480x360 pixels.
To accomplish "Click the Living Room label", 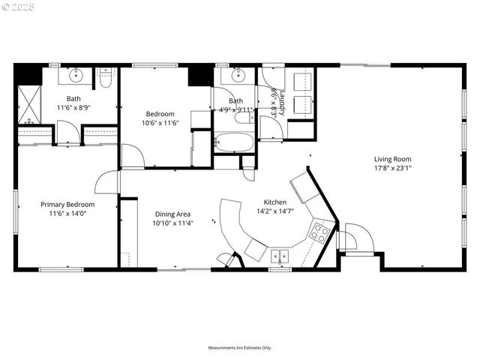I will point(393,159).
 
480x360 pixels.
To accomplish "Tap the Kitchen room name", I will point(274,202).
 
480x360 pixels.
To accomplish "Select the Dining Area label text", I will point(172,214).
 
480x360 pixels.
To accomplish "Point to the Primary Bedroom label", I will point(67,204).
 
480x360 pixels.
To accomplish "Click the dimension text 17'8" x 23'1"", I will point(393,169).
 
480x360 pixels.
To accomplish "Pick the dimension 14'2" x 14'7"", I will point(274,211).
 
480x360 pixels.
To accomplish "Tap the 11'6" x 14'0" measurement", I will point(67,214).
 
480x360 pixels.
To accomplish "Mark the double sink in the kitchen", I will point(280,256).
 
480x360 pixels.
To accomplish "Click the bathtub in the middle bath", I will point(234,142).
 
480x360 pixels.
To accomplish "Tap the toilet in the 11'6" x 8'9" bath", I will point(106,75).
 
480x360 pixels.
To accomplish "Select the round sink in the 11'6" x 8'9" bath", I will point(76,76).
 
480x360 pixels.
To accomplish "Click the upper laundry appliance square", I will point(302,81).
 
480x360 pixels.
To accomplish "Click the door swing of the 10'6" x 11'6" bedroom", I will point(132,157).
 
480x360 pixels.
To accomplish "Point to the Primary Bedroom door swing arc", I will point(106,181).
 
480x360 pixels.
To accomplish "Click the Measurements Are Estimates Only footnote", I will point(240,347).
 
